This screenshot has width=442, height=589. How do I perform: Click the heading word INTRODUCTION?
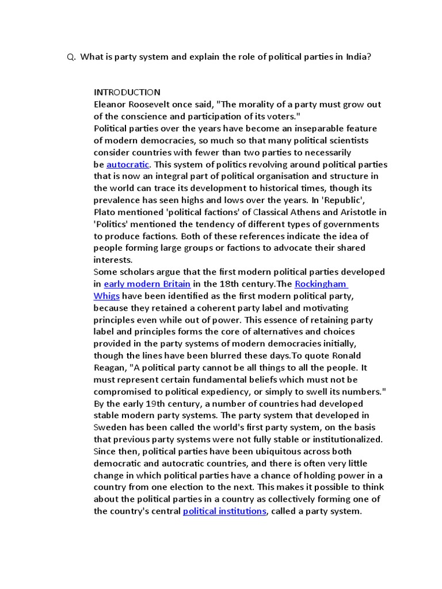(127, 93)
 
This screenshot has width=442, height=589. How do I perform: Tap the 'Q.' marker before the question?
(71, 57)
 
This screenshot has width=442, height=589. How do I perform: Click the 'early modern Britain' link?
(147, 284)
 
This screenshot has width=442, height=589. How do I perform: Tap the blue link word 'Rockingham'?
(321, 284)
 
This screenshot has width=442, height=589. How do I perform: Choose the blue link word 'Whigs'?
(106, 296)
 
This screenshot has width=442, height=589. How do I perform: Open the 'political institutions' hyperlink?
(224, 511)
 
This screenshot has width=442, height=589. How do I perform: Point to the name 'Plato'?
(105, 212)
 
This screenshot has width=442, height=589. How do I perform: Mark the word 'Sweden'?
(108, 427)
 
